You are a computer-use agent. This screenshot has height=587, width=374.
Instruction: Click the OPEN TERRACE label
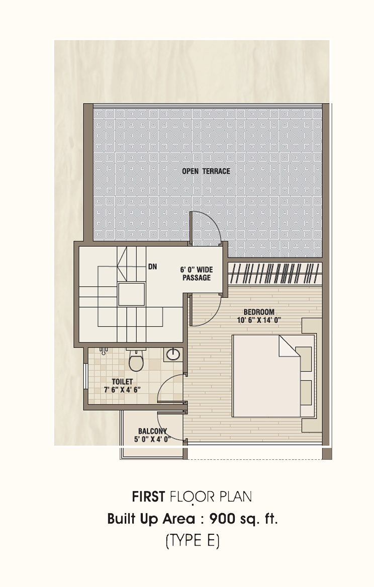coord(206,171)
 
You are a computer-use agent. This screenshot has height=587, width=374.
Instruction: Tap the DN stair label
coord(152,267)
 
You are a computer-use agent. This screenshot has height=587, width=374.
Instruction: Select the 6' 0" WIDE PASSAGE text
coord(197,274)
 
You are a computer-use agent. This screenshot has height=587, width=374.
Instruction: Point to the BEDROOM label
coord(259,312)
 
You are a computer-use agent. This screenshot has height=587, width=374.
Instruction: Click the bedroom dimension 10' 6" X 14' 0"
coord(259,320)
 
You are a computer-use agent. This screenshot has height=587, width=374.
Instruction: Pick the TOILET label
coord(122,382)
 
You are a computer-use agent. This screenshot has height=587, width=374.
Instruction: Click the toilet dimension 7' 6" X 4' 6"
coord(122,389)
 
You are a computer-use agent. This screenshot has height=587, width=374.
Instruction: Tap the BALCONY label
coord(152,431)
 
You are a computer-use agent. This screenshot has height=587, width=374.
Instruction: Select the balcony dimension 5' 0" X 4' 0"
coord(152,439)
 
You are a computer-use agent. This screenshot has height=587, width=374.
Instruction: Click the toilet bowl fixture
coord(136,360)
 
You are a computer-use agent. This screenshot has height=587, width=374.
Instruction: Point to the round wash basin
coord(172,354)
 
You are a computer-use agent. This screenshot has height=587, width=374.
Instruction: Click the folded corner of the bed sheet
coord(289,346)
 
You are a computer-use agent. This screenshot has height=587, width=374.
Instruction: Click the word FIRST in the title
coord(148,497)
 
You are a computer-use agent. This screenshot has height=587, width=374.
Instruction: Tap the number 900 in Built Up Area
coord(222,519)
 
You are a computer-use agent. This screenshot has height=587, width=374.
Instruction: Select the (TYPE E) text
coord(193,541)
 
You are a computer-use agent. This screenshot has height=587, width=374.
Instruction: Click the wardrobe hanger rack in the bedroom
coord(275,273)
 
